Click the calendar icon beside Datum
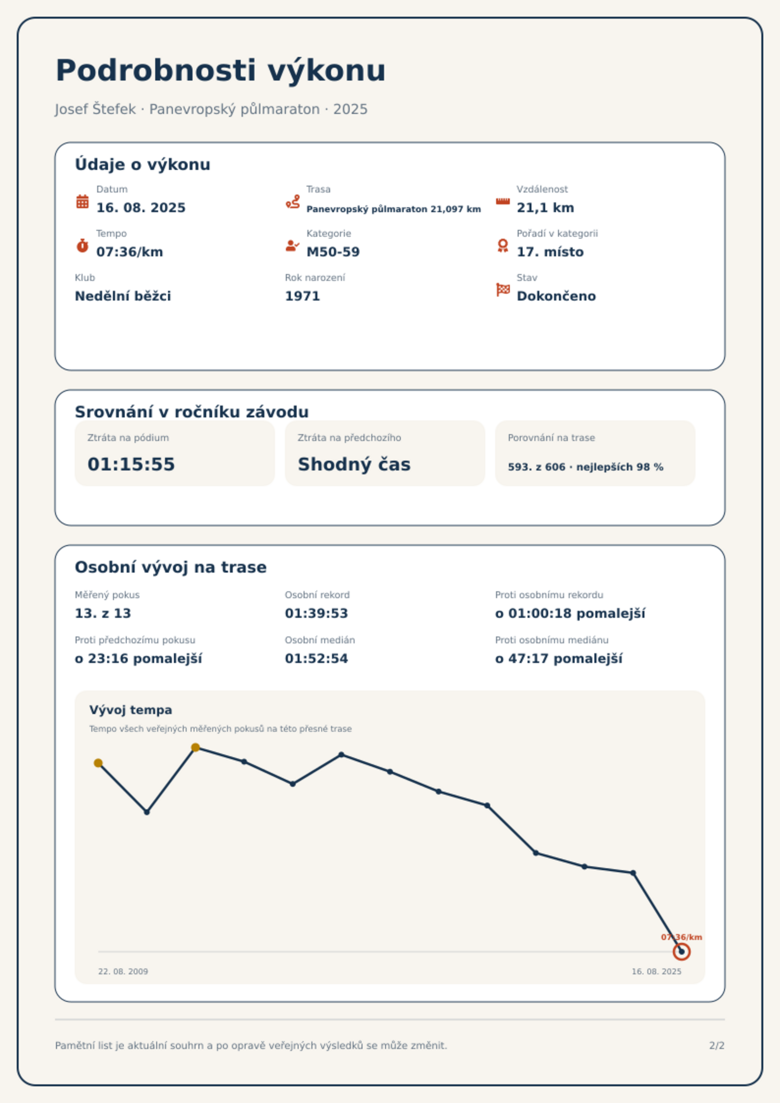pyautogui.click(x=83, y=201)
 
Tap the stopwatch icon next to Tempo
pyautogui.click(x=83, y=246)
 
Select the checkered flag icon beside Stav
pyautogui.click(x=503, y=290)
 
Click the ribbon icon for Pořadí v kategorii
pyautogui.click(x=503, y=246)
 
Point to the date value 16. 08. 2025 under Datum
pyautogui.click(x=141, y=208)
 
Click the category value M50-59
pyautogui.click(x=333, y=252)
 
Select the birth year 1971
pyautogui.click(x=302, y=296)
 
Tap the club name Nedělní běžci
pyautogui.click(x=123, y=296)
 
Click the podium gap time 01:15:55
pyautogui.click(x=131, y=464)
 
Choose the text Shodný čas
pyautogui.click(x=354, y=464)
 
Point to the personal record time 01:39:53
pyautogui.click(x=316, y=613)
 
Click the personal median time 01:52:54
pyautogui.click(x=316, y=659)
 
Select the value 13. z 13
pyautogui.click(x=103, y=613)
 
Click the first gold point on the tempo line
pyautogui.click(x=98, y=763)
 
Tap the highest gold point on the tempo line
pyautogui.click(x=195, y=747)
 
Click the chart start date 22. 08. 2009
pyautogui.click(x=123, y=971)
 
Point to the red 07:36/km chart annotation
pyautogui.click(x=681, y=937)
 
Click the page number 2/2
pyautogui.click(x=717, y=1046)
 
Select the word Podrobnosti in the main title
pyautogui.click(x=156, y=70)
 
